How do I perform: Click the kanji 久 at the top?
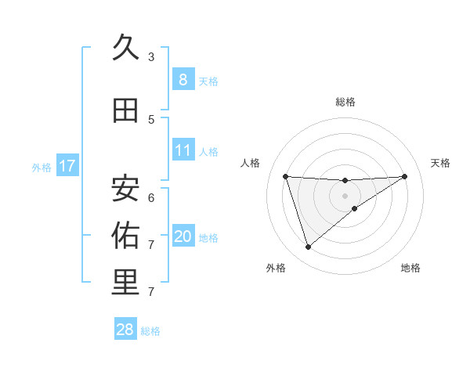tap(125, 48)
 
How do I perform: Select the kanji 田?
tap(125, 110)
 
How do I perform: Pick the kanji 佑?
tap(125, 235)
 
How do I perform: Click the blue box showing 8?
tap(183, 79)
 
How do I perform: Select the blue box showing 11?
tap(183, 150)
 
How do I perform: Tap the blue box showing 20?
tap(183, 236)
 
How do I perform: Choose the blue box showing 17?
tap(67, 166)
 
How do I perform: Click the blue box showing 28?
tap(125, 330)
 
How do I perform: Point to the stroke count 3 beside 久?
tap(151, 57)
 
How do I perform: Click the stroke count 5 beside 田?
tap(151, 120)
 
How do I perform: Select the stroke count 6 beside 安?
tap(151, 197)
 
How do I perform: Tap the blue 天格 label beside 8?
tap(208, 81)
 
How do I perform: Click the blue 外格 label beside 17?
tap(41, 167)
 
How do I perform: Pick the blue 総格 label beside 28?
tap(150, 331)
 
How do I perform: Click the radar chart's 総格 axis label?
tap(345, 102)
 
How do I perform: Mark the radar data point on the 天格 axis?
tap(404, 176)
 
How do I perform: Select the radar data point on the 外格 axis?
tap(308, 247)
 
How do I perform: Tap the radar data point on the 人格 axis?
tap(285, 176)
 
